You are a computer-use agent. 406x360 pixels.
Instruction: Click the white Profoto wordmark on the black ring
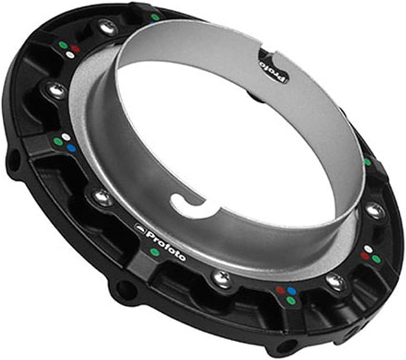coord(166,246)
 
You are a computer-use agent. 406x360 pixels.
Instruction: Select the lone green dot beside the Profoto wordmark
coord(155,252)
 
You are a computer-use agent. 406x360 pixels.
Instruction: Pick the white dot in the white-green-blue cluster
coord(66,137)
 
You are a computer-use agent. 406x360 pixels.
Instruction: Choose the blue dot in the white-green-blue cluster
coord(71,148)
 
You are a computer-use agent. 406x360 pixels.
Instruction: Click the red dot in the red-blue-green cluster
coord(280,290)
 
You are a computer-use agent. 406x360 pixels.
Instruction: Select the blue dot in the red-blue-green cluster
coord(292,291)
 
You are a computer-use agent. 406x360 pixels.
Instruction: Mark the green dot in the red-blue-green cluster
coord(291,300)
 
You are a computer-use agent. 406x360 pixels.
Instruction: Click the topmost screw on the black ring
coord(108,27)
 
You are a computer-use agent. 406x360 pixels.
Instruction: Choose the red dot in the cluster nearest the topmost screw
coord(75,49)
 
